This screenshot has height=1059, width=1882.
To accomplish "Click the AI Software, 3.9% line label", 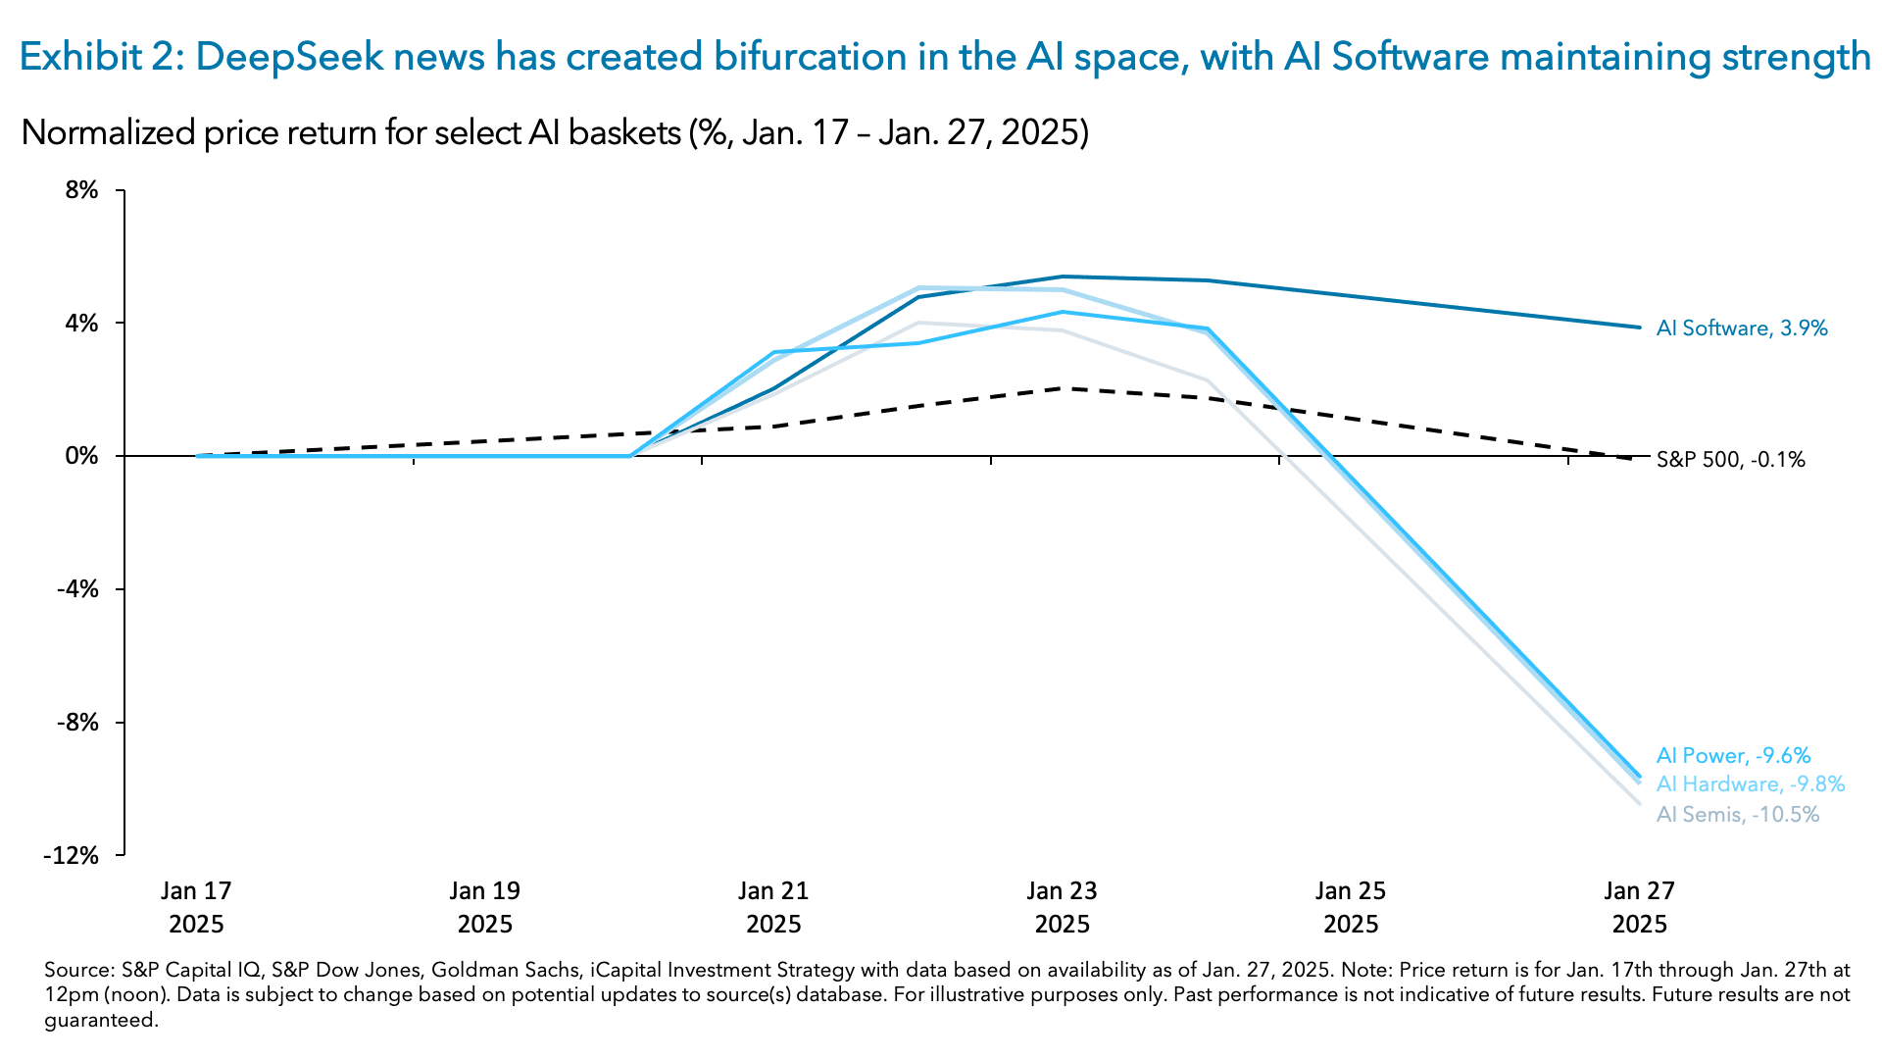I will (x=1742, y=328).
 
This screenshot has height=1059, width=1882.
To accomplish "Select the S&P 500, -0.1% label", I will (x=1730, y=460).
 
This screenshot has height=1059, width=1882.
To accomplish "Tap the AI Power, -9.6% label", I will (x=1733, y=756).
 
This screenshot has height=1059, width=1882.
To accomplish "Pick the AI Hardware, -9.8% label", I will (x=1751, y=784).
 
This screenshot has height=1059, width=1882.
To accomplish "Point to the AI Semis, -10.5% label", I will (x=1737, y=815).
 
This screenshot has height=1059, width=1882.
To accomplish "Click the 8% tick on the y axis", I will (x=82, y=190).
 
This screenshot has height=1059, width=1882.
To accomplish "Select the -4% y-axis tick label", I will (x=78, y=589).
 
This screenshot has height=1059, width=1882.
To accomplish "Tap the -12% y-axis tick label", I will (x=72, y=856).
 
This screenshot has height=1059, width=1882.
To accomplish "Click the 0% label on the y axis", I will (x=82, y=456).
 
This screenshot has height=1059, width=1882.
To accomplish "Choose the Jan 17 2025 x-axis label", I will (x=196, y=907).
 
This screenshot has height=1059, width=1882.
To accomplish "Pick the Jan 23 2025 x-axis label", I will (x=1063, y=907).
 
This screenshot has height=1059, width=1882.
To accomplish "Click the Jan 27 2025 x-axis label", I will (x=1639, y=907).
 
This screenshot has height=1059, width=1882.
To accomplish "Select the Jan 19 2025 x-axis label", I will (x=485, y=907).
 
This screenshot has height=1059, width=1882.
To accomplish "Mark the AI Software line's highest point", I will (x=1064, y=277).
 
